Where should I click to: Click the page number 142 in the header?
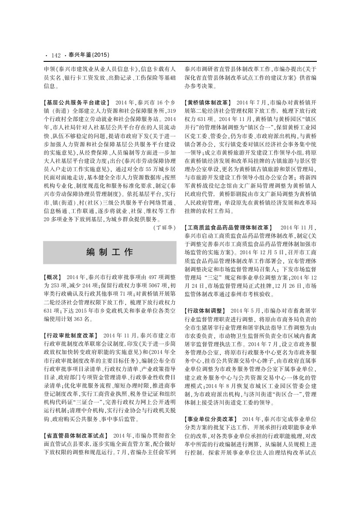(x=55, y=55)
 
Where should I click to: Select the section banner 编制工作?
(x=110, y=252)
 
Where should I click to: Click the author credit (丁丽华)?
(x=165, y=227)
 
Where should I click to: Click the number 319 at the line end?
(x=171, y=111)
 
